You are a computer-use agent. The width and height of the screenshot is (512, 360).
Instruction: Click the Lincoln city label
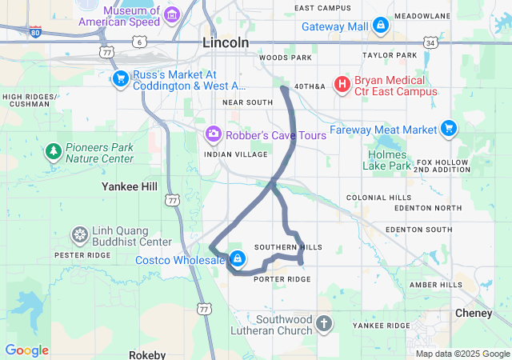(x=226, y=42)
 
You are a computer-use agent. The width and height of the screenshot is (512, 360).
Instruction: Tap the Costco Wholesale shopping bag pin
(x=238, y=259)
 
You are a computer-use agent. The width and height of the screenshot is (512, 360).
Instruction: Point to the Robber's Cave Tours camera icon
(x=214, y=134)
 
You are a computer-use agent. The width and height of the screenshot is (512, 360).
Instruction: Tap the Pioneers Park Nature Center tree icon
(x=53, y=151)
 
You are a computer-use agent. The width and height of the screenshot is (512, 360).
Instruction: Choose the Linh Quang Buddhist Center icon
(x=80, y=234)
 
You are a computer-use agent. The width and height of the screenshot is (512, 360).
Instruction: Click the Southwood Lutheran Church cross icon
(x=323, y=324)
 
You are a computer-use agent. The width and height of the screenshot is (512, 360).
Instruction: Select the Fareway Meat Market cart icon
(x=449, y=128)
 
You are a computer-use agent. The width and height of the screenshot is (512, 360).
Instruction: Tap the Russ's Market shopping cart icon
(x=120, y=78)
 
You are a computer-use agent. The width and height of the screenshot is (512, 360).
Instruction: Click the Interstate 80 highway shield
(x=35, y=32)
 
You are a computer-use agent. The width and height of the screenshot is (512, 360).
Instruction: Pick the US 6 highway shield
(x=140, y=41)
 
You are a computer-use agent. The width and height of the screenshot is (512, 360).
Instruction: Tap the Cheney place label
(x=474, y=313)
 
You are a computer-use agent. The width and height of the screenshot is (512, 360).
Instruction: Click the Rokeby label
(x=147, y=354)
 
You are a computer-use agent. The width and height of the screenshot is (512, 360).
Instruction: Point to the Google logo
(x=26, y=350)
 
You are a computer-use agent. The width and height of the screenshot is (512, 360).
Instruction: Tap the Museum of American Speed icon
(x=170, y=14)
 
